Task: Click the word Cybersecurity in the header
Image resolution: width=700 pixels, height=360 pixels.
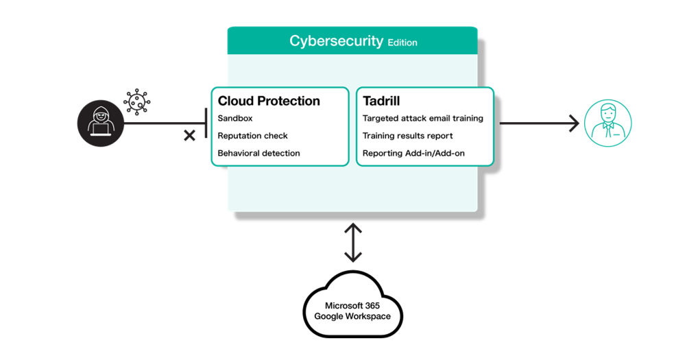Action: coord(336,41)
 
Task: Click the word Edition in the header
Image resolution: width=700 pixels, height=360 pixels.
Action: coord(402,43)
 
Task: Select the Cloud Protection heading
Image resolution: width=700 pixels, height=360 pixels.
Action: coord(269,101)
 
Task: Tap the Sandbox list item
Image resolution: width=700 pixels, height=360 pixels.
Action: coord(235,119)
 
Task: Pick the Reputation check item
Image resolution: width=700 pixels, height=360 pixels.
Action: coord(253,136)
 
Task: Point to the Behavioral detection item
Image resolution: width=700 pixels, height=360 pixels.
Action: coord(258,153)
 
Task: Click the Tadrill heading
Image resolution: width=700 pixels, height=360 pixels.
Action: coord(381,101)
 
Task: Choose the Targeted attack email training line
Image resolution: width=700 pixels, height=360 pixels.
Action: coord(422,119)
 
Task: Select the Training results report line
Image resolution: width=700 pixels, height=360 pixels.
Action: coord(407,136)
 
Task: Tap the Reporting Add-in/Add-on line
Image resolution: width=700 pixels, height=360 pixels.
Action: coord(413,153)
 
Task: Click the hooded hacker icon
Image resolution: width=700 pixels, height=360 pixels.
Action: coord(100,124)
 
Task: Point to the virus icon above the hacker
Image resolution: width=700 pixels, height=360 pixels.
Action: coord(136,101)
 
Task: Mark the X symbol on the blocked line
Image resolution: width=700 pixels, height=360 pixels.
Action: coord(190,136)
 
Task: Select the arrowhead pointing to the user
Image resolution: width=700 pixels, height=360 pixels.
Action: coord(572,124)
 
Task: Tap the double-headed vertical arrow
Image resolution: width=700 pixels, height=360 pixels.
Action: coord(352,242)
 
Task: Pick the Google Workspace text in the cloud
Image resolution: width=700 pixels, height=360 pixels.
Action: coord(352,316)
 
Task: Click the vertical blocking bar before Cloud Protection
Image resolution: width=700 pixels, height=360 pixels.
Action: coord(206,124)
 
